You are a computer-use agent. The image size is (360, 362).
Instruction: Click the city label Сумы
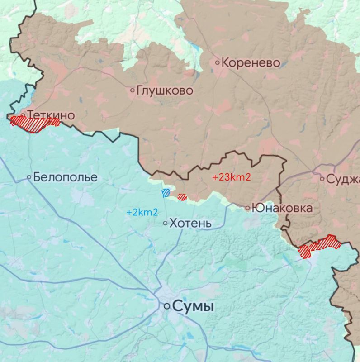click(194, 307)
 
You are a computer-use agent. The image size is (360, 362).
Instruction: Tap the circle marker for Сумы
click(167, 306)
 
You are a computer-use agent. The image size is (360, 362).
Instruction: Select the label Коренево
click(251, 62)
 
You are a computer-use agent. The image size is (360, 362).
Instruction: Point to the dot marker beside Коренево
click(218, 62)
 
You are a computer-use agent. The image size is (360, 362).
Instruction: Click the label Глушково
click(165, 90)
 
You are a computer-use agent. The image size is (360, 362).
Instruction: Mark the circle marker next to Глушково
click(133, 90)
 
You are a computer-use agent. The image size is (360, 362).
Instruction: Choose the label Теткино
click(51, 115)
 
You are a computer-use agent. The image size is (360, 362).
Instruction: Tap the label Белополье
click(65, 177)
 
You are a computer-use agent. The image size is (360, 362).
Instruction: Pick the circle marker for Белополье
click(29, 177)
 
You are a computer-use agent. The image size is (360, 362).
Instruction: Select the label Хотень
click(190, 223)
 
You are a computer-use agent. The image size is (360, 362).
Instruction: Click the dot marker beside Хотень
click(165, 223)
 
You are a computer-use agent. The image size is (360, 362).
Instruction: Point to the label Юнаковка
click(282, 208)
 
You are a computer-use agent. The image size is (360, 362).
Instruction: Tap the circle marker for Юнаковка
click(248, 208)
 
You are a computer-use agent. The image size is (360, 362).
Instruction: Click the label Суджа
click(342, 179)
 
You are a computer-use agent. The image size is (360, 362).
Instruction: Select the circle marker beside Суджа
click(322, 179)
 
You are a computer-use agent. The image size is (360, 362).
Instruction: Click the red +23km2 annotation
click(231, 177)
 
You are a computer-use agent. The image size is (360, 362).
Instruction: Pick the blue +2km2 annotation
click(142, 212)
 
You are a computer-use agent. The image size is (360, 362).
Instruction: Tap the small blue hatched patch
click(166, 193)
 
